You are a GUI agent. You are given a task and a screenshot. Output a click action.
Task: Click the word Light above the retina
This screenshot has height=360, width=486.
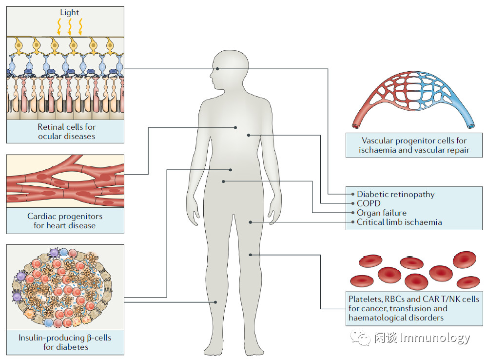(x=70, y=12)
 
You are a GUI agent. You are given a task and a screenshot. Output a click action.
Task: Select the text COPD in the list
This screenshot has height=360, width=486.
(x=369, y=203)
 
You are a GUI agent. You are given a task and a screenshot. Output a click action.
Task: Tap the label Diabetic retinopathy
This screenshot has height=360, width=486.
(x=395, y=194)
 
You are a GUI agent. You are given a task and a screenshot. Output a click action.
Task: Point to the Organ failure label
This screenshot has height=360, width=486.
(x=381, y=213)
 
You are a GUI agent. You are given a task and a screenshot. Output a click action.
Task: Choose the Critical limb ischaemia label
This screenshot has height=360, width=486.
(x=399, y=222)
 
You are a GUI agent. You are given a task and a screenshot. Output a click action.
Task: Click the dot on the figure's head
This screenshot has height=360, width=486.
(x=218, y=69)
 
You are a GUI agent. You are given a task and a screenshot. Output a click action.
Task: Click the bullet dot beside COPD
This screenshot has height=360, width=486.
(x=352, y=203)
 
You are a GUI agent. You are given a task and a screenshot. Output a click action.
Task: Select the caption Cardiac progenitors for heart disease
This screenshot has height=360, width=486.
(x=65, y=220)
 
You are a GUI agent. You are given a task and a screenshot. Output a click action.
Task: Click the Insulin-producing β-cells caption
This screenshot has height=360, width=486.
(x=65, y=342)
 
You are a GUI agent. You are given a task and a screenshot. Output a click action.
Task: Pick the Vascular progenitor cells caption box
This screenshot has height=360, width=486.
(x=414, y=145)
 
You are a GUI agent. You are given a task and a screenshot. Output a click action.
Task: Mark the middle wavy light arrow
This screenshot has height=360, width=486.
(x=70, y=27)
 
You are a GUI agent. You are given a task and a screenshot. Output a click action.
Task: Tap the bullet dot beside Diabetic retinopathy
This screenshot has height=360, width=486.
(x=352, y=194)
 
